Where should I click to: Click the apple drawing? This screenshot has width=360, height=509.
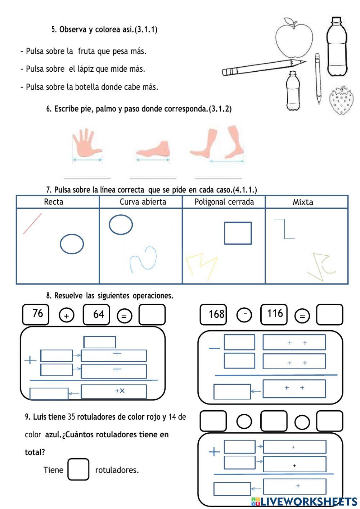pos(294,39)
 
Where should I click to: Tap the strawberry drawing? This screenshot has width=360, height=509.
pos(341,101)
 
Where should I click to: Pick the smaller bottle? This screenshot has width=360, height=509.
pos(293,92)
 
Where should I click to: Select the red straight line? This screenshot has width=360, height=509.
pos(32,223)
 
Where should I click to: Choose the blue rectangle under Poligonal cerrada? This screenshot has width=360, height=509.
pos(238,233)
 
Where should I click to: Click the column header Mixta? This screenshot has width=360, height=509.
pos(303,202)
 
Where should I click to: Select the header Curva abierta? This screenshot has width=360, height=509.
pos(143,202)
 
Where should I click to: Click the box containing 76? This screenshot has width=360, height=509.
pos(36,314)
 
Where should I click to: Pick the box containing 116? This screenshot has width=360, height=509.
pos(274,314)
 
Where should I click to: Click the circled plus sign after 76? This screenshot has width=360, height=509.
pos(66,316)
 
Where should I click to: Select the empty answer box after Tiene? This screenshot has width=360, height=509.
pos(78,469)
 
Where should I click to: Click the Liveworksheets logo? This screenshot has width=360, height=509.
pos(304,501)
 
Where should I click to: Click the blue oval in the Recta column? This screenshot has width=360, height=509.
pos(72,244)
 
